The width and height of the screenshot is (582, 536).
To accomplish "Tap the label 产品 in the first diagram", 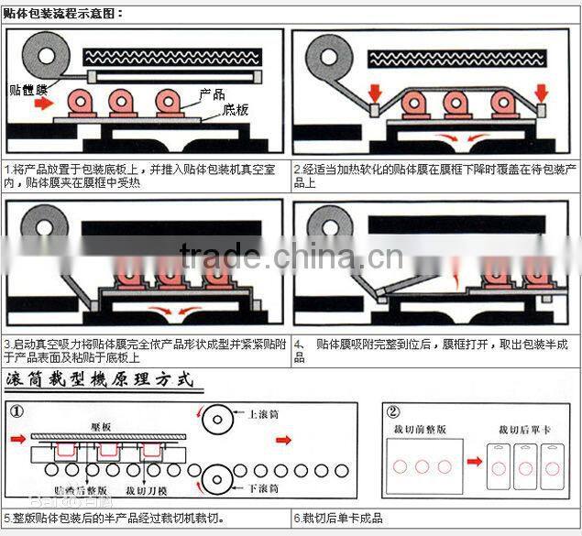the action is pyautogui.click(x=214, y=94).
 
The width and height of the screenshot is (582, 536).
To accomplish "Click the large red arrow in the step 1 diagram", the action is pyautogui.click(x=41, y=103).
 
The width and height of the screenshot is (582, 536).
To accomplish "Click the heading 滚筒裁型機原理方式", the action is pyautogui.click(x=100, y=378).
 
